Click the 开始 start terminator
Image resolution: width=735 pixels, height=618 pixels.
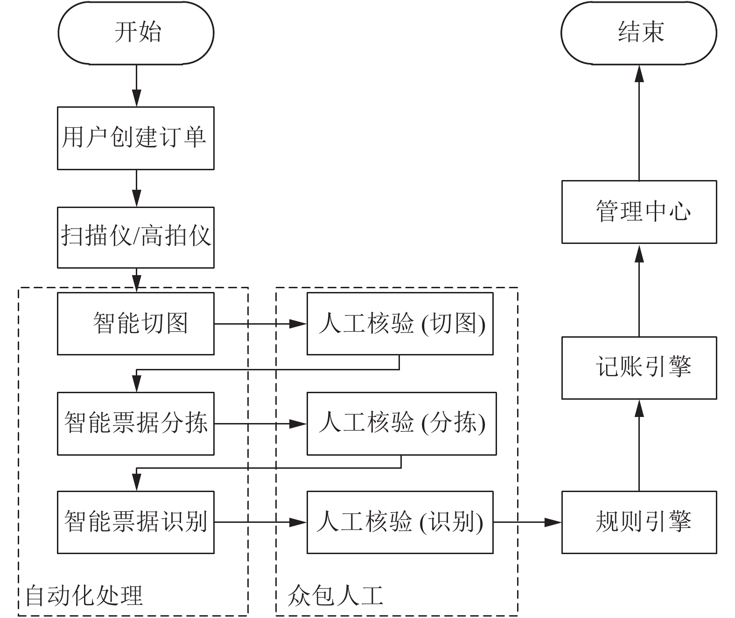click(x=136, y=33)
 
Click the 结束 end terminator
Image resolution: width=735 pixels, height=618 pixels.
click(x=638, y=33)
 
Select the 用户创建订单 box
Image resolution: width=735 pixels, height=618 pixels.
click(x=136, y=139)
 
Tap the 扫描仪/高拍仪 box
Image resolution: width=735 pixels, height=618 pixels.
click(x=136, y=237)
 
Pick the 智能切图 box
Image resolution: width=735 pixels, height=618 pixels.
click(x=136, y=323)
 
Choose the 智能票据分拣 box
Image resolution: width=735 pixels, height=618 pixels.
click(x=136, y=424)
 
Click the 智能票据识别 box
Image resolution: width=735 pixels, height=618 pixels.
click(x=136, y=522)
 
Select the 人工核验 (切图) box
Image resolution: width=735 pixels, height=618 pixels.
click(x=400, y=323)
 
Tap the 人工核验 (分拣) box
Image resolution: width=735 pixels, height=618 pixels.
click(x=402, y=424)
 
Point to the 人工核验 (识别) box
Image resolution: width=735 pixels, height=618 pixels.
click(x=400, y=522)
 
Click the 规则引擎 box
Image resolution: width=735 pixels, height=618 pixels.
click(x=639, y=522)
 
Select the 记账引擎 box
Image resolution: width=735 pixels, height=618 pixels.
click(x=639, y=368)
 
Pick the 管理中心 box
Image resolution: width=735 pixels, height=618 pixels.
click(x=639, y=212)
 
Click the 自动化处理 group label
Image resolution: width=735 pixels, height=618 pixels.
click(x=84, y=595)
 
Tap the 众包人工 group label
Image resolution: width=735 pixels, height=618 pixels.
click(x=335, y=595)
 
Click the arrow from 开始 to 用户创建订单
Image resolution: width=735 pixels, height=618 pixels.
click(x=137, y=85)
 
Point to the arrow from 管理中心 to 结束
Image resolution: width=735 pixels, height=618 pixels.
click(x=639, y=123)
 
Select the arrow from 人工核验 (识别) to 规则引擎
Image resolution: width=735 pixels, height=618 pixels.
click(x=527, y=522)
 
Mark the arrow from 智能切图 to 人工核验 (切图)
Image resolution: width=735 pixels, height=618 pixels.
click(x=260, y=324)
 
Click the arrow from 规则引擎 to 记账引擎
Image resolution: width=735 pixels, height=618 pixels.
click(x=639, y=445)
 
